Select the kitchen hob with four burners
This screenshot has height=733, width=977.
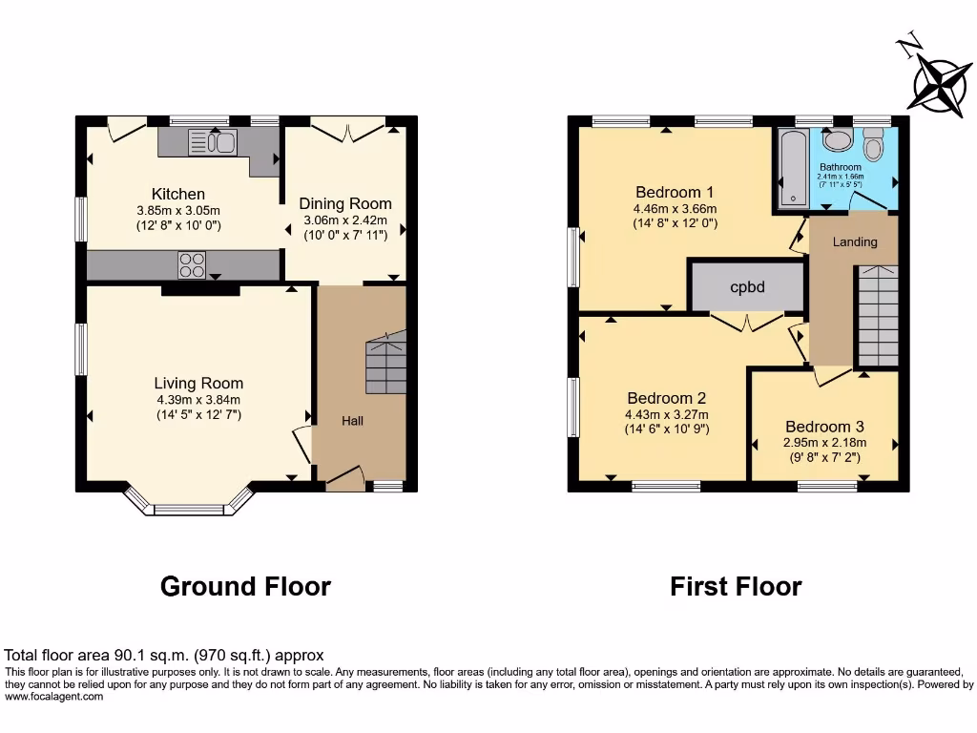coord(192,263)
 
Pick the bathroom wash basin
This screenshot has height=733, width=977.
coord(838,140)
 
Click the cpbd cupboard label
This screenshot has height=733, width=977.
coord(747,286)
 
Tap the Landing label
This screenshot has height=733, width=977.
coord(854,241)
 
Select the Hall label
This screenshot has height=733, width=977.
coord(352,420)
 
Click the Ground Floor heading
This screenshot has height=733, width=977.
coord(245,586)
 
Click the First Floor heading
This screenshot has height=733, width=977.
coord(736,586)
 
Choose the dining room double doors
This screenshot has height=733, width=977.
coord(345,131)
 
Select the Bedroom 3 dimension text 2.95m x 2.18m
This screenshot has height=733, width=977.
coord(824,442)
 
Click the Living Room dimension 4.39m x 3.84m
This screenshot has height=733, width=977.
coord(198,400)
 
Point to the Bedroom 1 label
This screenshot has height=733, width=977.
coord(675,190)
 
